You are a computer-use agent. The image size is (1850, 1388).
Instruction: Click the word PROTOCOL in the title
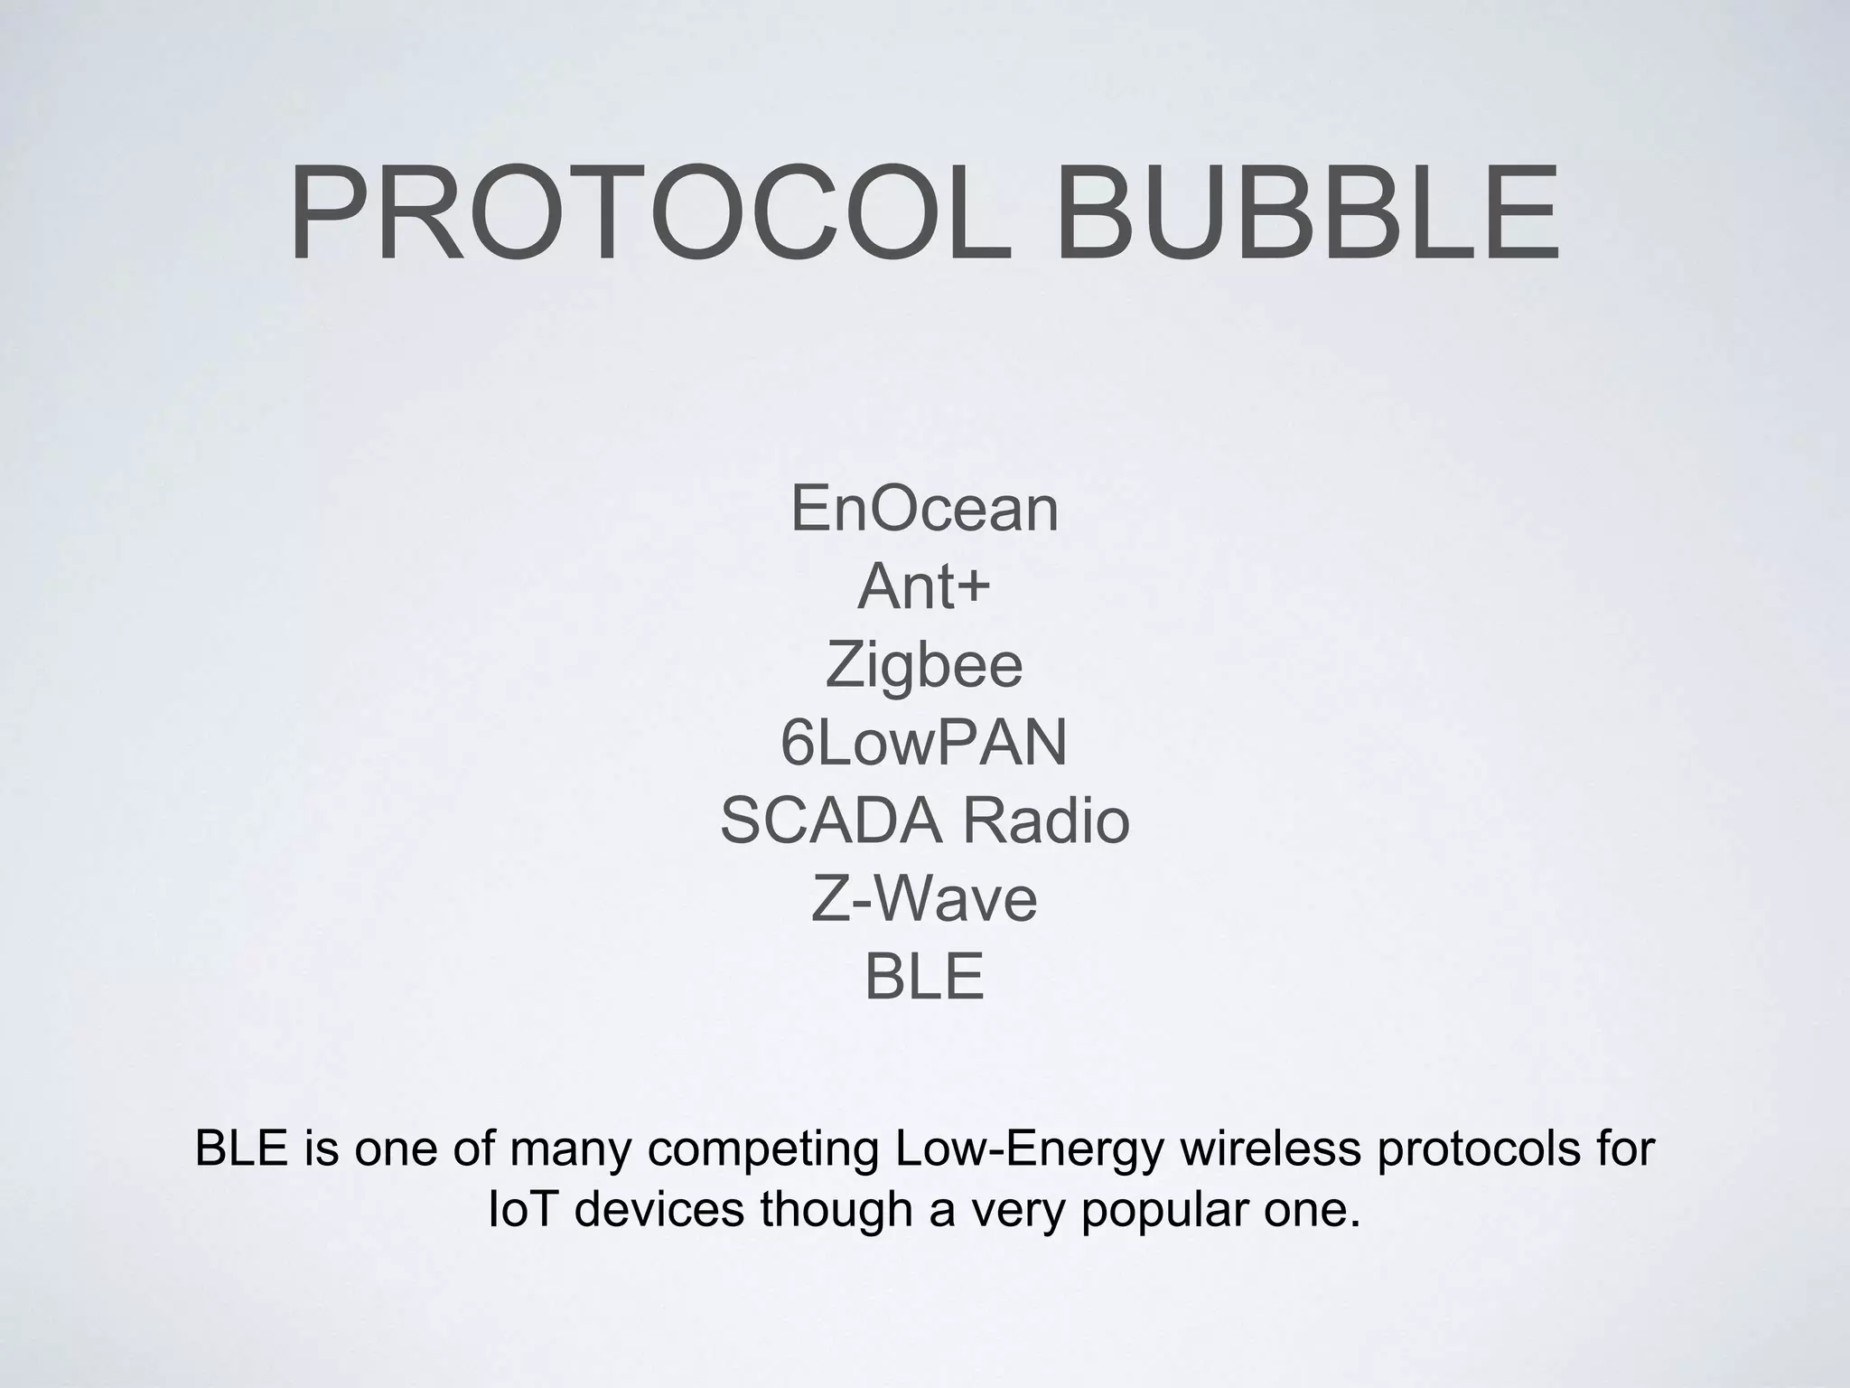click(650, 214)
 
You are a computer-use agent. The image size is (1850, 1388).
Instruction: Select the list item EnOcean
click(924, 509)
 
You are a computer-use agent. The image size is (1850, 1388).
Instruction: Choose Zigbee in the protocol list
click(923, 666)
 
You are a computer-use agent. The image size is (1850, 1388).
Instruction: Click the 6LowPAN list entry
click(923, 743)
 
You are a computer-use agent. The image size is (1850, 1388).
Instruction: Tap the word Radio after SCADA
click(1045, 821)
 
